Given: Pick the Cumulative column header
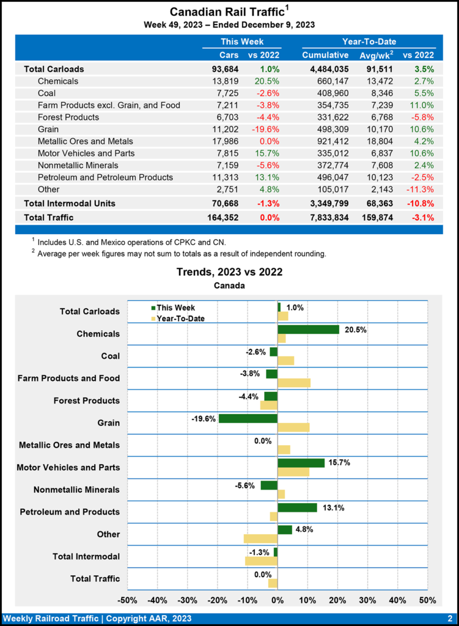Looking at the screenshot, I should coord(325,56).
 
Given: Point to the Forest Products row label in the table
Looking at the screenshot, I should coord(68,117).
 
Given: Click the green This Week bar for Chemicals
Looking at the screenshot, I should coord(308,330).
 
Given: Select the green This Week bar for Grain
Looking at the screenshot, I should coord(248,419).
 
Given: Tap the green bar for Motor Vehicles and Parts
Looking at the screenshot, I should coord(301,463).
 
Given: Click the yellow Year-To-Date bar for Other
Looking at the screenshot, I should coord(260,539).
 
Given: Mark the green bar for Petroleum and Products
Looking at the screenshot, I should coord(297,507).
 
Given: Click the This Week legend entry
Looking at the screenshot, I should coord(173,307).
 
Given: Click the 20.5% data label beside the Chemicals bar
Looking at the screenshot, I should coord(355,329).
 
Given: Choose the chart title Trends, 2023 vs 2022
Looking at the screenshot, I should coord(229,271).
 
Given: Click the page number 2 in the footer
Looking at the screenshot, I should coord(449,618).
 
